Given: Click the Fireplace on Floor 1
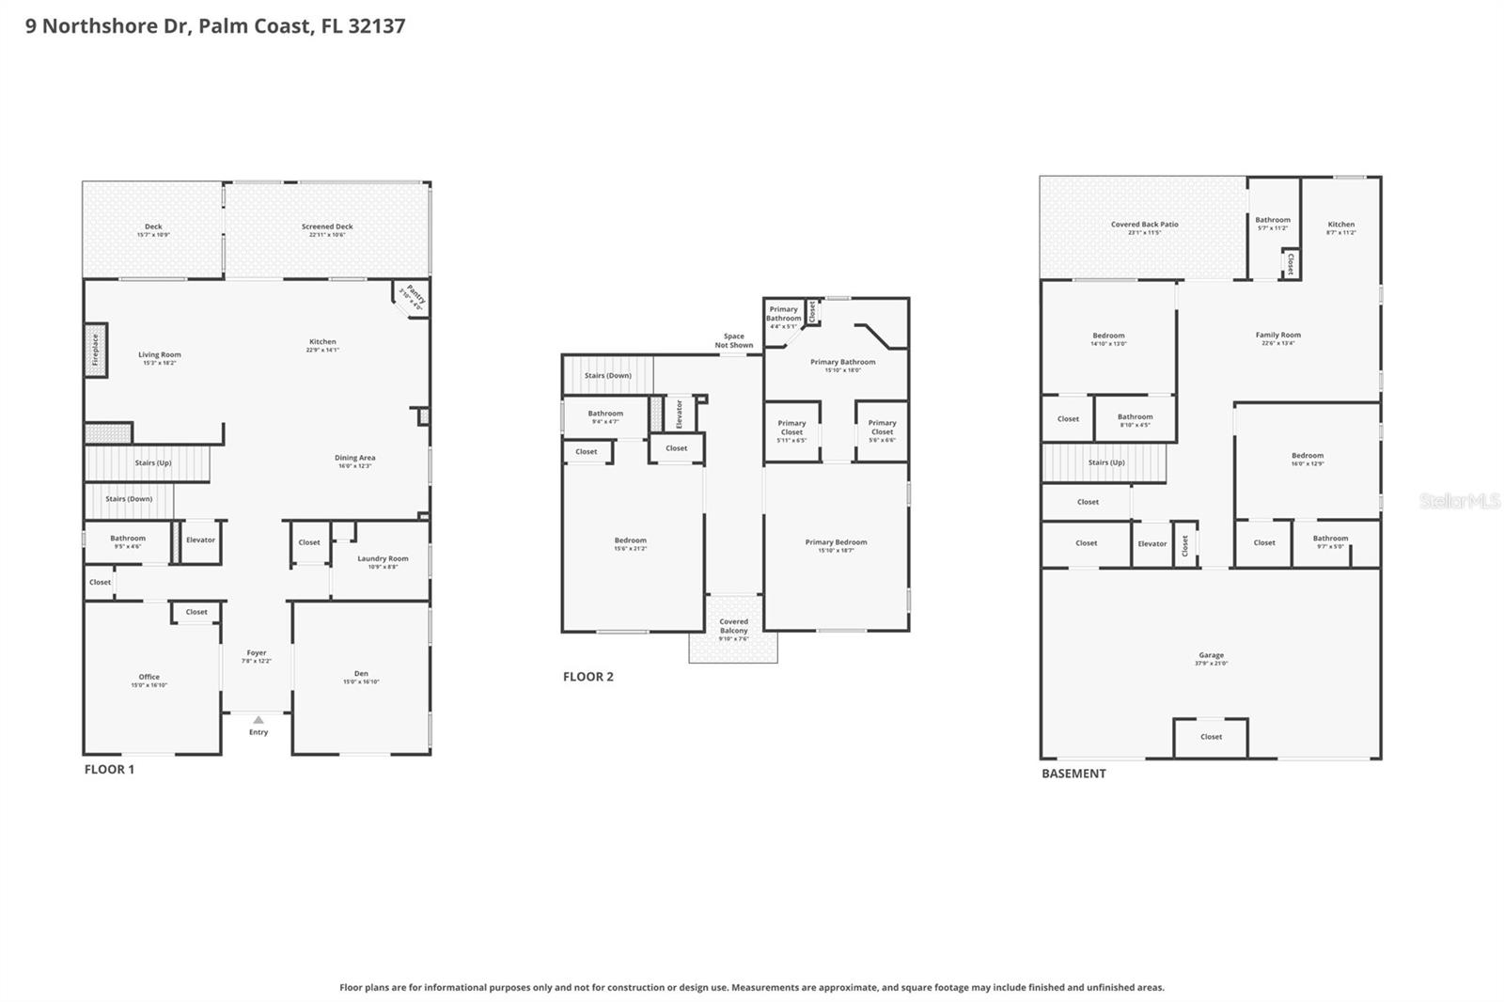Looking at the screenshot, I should tap(95, 351).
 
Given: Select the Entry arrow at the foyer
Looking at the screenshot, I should tap(258, 720).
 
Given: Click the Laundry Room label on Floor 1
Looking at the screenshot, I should tap(383, 558).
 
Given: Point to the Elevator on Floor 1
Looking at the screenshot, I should tap(200, 540).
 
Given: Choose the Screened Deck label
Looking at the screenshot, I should tap(327, 227).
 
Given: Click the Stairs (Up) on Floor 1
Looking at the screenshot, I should tap(152, 462).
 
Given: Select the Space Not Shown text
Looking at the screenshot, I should tap(733, 340).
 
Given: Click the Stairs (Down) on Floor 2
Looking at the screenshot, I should tap(607, 375).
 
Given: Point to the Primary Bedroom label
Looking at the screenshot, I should tap(836, 542).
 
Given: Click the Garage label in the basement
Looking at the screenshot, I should tap(1211, 655).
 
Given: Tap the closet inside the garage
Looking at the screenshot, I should tap(1211, 737).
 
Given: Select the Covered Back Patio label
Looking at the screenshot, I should tap(1144, 225).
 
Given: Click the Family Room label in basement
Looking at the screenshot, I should tap(1277, 335).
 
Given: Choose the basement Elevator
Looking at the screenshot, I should tap(1151, 543).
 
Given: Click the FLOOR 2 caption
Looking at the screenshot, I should tap(588, 677).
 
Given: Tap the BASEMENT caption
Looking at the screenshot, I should tap(1073, 774).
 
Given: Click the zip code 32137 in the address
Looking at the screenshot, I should tap(376, 25).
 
